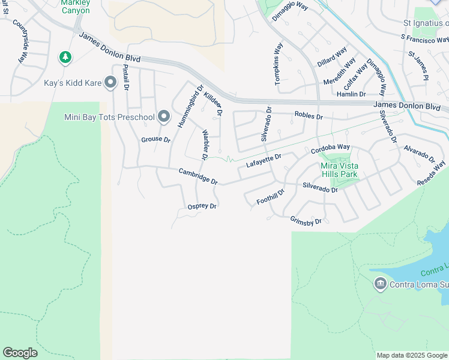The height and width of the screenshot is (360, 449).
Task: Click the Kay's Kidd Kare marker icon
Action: coord(110,83)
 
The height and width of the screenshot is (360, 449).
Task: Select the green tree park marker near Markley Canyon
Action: coord(65,58)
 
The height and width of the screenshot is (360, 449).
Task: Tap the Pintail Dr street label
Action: coord(126,77)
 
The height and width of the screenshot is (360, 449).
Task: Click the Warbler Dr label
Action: coord(205,145)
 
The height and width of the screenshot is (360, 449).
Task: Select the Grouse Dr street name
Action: coord(156,140)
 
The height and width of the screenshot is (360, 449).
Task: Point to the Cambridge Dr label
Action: coord(198,176)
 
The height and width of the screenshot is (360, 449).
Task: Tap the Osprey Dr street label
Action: coord(202,206)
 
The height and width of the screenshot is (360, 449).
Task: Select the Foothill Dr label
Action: coord(270,197)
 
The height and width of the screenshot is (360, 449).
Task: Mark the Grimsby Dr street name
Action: coord(306,221)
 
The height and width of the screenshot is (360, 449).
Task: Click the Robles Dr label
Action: coord(309,116)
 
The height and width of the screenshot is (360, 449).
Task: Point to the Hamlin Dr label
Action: coord(351,94)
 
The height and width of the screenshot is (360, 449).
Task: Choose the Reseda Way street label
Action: coord(432,173)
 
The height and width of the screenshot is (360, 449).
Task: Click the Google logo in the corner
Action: coord(20,353)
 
